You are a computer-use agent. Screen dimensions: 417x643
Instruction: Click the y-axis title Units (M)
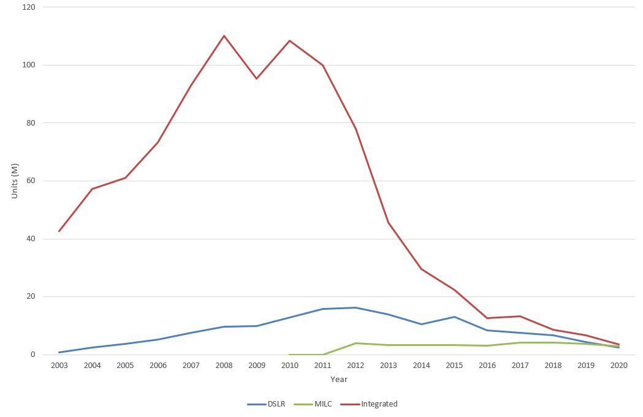click(15, 181)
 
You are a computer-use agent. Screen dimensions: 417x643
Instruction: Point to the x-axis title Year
click(339, 380)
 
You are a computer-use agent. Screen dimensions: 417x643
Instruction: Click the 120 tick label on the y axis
click(29, 7)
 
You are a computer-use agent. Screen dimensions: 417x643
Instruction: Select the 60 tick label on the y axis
click(31, 181)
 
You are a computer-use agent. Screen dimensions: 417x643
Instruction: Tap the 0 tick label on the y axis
click(33, 355)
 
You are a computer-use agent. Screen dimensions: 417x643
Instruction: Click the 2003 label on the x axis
click(59, 366)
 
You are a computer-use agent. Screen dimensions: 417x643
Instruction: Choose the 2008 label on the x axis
click(224, 366)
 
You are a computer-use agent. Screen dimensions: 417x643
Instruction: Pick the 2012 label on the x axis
click(356, 366)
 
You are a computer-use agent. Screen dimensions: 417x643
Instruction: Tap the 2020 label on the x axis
click(619, 366)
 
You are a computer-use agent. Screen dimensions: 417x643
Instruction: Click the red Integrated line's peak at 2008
click(224, 36)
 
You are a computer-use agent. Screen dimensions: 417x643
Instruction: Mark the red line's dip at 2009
click(256, 78)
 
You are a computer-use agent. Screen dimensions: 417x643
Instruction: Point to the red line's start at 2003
click(59, 231)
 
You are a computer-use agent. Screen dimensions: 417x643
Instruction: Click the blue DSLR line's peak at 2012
click(356, 307)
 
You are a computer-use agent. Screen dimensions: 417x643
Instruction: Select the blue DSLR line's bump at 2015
click(454, 317)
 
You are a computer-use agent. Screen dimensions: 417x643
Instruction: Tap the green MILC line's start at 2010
click(289, 355)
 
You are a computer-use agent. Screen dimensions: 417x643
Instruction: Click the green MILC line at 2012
click(356, 343)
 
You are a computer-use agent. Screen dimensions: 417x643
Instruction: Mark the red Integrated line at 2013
click(389, 222)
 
